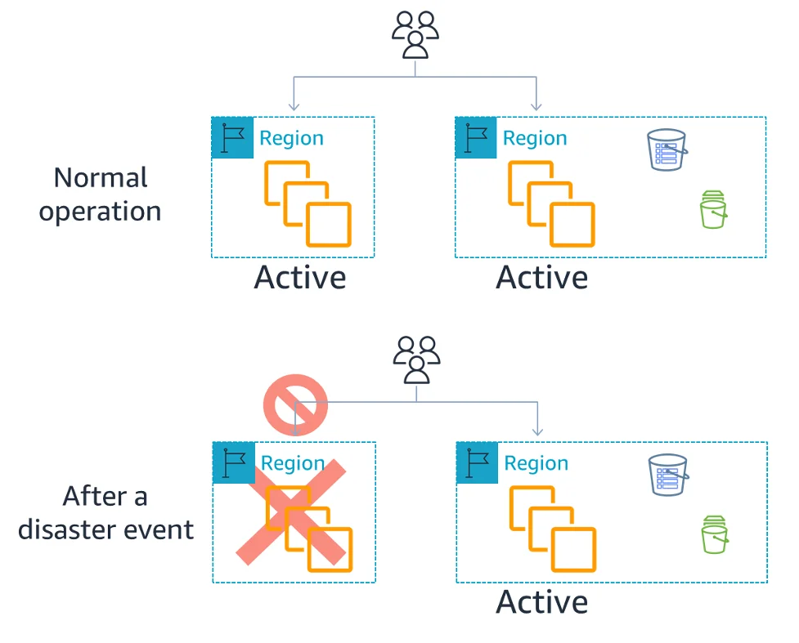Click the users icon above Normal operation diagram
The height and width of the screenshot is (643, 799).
(x=415, y=35)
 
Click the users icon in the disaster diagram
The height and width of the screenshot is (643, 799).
(x=417, y=359)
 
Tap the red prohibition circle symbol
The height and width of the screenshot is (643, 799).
(x=295, y=404)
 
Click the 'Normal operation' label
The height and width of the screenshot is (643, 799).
(x=101, y=194)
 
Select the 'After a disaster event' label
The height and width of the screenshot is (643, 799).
(x=105, y=512)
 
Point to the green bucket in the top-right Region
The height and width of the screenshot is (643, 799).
(x=713, y=210)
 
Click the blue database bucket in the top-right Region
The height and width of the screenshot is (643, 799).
(x=667, y=150)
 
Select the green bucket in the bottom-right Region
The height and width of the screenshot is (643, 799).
(x=714, y=535)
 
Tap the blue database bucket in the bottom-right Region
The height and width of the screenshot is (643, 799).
(x=667, y=475)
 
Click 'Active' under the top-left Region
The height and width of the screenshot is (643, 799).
(x=300, y=278)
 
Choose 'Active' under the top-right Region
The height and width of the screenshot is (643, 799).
(x=542, y=278)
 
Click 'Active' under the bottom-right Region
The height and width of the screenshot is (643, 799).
(x=542, y=602)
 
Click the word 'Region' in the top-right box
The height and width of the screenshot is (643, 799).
(x=535, y=138)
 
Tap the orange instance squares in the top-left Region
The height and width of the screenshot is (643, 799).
(x=307, y=203)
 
